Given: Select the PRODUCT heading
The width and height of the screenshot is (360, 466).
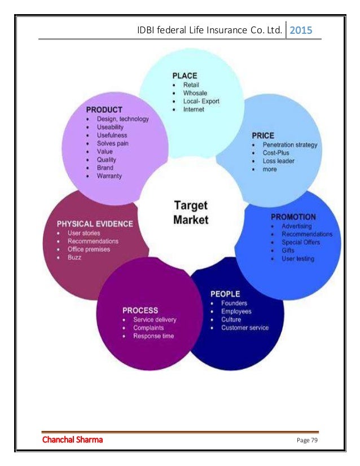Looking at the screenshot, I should pyautogui.click(x=104, y=109).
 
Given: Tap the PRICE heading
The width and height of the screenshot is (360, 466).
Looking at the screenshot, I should pyautogui.click(x=263, y=135).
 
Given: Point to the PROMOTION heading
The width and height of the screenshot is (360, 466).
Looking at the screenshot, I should pyautogui.click(x=293, y=217).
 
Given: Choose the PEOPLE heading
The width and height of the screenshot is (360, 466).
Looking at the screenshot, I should pyautogui.click(x=225, y=294).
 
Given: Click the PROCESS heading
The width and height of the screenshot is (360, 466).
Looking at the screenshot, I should pyautogui.click(x=140, y=310).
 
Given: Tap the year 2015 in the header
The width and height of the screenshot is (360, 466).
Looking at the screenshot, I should pyautogui.click(x=304, y=30).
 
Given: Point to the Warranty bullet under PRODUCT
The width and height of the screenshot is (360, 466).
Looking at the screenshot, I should pyautogui.click(x=109, y=176).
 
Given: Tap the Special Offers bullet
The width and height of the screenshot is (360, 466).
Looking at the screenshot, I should pyautogui.click(x=301, y=242).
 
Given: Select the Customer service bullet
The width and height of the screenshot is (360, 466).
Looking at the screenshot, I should pyautogui.click(x=245, y=328).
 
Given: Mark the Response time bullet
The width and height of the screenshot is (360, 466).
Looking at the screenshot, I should pyautogui.click(x=153, y=336).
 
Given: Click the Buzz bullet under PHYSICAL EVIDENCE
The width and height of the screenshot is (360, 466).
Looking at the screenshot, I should pyautogui.click(x=74, y=257).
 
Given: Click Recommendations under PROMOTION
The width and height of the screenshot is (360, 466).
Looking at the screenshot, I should pyautogui.click(x=307, y=234).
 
